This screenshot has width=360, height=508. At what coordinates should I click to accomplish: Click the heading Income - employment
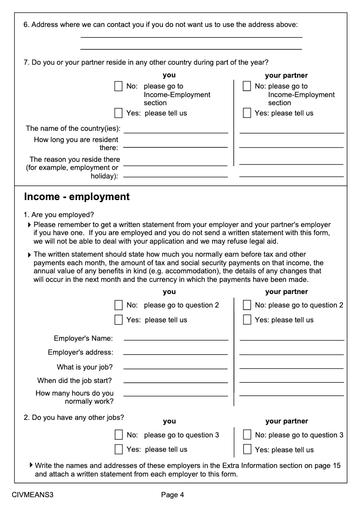[x=76, y=197]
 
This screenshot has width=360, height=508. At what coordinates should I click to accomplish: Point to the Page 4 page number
[x=173, y=495]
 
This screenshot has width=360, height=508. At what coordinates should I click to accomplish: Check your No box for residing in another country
[x=118, y=86]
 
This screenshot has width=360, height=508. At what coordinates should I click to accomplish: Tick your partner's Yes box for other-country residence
[x=247, y=113]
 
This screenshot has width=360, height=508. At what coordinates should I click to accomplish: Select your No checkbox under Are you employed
[x=118, y=305]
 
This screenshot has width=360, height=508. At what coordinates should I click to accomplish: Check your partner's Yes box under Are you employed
[x=247, y=320]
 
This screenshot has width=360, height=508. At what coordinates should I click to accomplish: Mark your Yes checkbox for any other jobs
[x=118, y=449]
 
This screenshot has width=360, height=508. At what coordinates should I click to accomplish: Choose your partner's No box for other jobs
[x=247, y=435]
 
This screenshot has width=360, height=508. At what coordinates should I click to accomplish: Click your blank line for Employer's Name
[x=175, y=340]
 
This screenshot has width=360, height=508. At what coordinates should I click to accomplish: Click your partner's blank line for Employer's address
[x=292, y=354]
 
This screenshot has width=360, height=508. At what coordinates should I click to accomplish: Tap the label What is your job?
[x=85, y=367]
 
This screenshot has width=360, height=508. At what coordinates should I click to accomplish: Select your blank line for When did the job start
[x=175, y=382]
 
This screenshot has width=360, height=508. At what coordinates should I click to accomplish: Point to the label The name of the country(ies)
[x=73, y=129]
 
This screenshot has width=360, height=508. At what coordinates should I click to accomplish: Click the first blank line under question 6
[x=191, y=37]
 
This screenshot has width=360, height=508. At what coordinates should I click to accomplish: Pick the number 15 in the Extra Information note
[x=336, y=465]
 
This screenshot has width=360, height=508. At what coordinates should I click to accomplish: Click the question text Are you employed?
[x=63, y=214]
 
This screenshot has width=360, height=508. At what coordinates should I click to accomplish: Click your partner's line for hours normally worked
[x=292, y=395]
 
